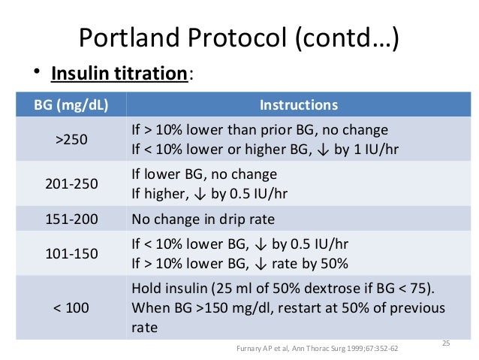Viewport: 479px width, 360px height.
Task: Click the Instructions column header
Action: click(298, 105)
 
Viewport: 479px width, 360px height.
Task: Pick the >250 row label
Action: click(66, 139)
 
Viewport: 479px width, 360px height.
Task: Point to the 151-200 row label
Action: click(66, 220)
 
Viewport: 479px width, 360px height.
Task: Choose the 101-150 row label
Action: click(66, 253)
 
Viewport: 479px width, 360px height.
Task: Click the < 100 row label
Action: click(66, 308)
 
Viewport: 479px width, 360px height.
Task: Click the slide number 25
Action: click(445, 343)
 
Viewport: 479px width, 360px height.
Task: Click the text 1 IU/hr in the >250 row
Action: click(373, 148)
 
